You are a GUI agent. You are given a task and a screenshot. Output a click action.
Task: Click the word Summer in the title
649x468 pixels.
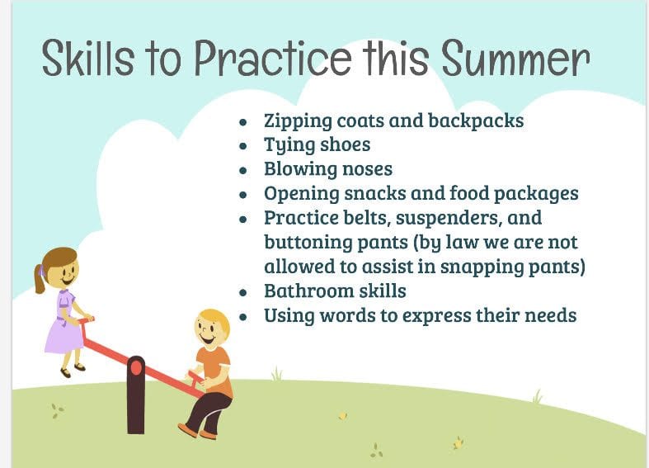pos(515,58)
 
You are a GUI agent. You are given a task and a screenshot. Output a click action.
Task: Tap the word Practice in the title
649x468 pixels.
pos(273,58)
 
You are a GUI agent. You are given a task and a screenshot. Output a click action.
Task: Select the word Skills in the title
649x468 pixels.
pos(87,58)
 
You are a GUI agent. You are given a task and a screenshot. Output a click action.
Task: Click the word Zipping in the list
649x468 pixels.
pos(298,122)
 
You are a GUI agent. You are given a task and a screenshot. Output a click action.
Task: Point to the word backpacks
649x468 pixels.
pos(476,121)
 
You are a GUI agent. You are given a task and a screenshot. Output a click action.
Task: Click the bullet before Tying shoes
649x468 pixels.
pos(243,146)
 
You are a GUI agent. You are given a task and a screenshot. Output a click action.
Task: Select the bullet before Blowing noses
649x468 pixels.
pos(243,171)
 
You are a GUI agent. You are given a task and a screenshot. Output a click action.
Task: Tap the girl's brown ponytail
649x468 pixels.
pos(40,281)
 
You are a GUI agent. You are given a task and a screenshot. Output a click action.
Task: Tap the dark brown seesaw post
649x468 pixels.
pos(136,395)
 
